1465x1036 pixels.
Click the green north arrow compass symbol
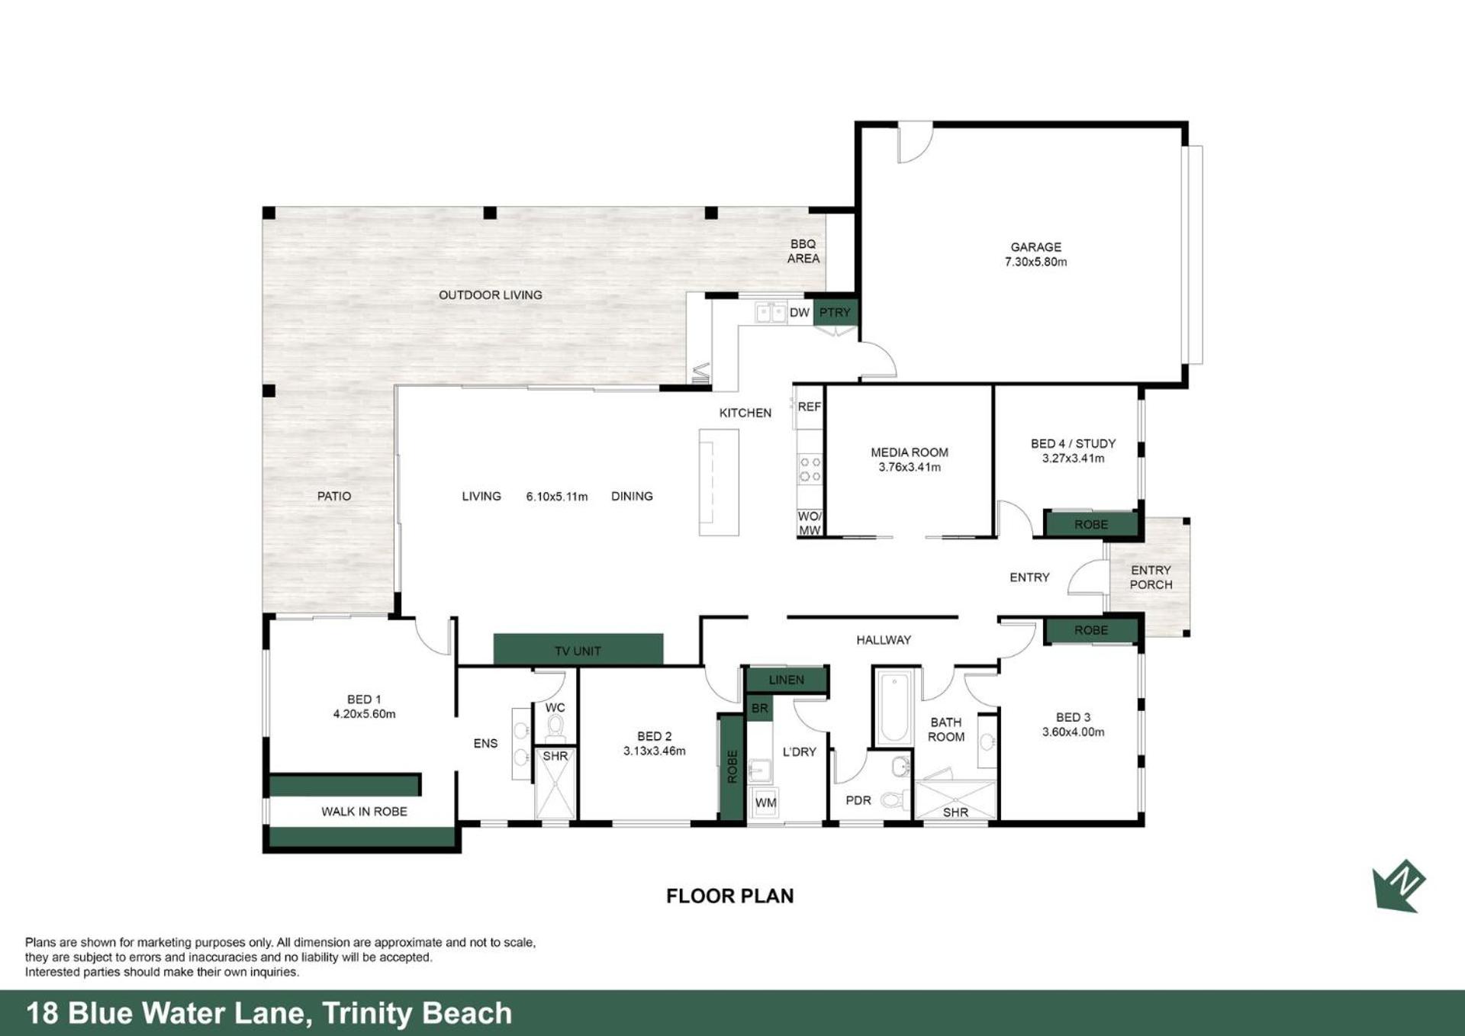tap(1399, 886)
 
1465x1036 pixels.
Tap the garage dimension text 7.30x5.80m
tap(1035, 262)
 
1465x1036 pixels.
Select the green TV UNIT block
tap(578, 649)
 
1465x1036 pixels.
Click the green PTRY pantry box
tap(836, 313)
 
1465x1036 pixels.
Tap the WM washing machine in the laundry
tap(765, 803)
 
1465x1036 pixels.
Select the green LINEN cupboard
tap(787, 679)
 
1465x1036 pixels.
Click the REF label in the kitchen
tap(809, 407)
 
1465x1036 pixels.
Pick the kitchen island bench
tap(719, 482)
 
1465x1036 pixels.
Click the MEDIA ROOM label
tap(910, 452)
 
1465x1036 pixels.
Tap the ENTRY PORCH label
tap(1151, 578)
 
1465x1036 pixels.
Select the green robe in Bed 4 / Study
tap(1091, 524)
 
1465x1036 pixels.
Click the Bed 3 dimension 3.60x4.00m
tap(1073, 732)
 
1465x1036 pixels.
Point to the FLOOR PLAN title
tap(729, 896)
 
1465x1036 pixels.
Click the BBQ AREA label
tap(803, 251)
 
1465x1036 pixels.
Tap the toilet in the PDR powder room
tap(894, 800)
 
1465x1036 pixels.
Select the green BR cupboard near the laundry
tap(759, 708)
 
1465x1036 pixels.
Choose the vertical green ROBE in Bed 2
tap(732, 767)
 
